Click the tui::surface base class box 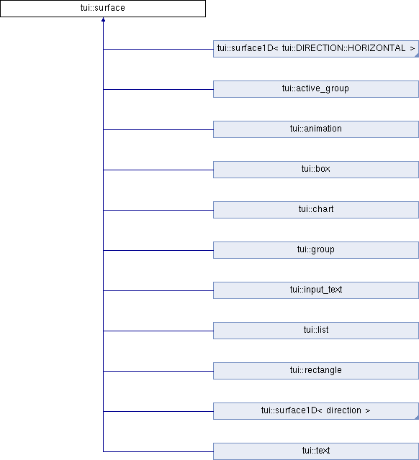tap(103, 8)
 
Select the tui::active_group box tap(316, 89)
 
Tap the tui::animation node tap(316, 129)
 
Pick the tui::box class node tap(316, 170)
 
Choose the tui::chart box tap(316, 210)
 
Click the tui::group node tap(316, 250)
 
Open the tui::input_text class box tap(316, 290)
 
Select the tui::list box tap(316, 331)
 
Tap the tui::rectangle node tap(316, 371)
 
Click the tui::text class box tap(316, 451)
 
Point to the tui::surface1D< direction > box tap(316, 411)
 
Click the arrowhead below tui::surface tap(103, 19)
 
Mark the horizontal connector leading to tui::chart tap(158, 210)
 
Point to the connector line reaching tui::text tap(158, 451)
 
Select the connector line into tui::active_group tap(158, 89)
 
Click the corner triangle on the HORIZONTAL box tap(417, 55)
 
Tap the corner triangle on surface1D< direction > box tap(417, 418)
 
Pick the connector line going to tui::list tap(158, 331)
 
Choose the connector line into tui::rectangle tap(158, 371)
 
